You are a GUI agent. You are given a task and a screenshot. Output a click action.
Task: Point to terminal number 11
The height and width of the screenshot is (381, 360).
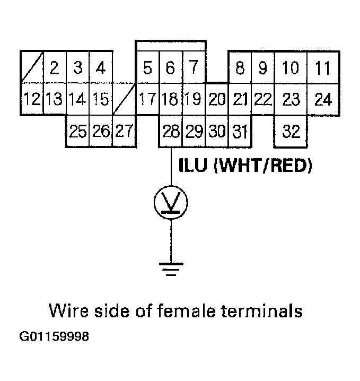coord(322,68)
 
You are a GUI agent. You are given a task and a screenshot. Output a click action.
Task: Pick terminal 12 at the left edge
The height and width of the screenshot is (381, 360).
coord(31,99)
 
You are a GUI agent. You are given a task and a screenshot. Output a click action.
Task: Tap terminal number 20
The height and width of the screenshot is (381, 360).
coord(216,99)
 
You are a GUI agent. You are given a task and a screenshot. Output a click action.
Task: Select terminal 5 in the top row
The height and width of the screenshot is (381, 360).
coord(148,68)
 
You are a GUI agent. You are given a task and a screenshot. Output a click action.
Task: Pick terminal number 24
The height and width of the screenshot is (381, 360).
coord(322,99)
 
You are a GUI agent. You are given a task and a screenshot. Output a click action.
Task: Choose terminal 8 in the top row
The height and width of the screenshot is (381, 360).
coord(240,68)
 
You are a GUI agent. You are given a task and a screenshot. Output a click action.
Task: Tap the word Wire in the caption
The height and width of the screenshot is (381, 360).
coord(66,310)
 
